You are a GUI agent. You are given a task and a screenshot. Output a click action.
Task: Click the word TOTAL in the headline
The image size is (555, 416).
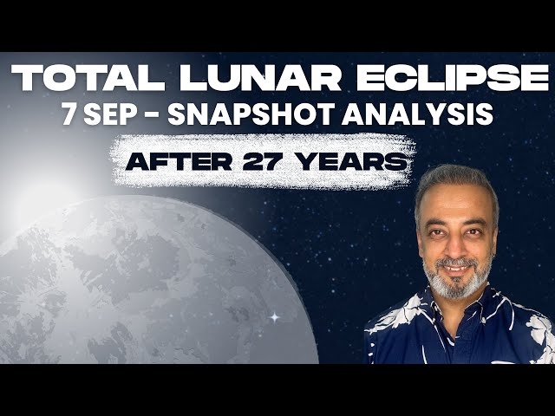(x=86, y=79)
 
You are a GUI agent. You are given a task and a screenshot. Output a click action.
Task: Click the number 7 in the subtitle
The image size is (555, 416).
(x=69, y=115)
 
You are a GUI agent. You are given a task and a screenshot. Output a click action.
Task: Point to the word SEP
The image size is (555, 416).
(x=114, y=115)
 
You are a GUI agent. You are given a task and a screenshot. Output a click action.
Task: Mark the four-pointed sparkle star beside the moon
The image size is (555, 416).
(x=275, y=317)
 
